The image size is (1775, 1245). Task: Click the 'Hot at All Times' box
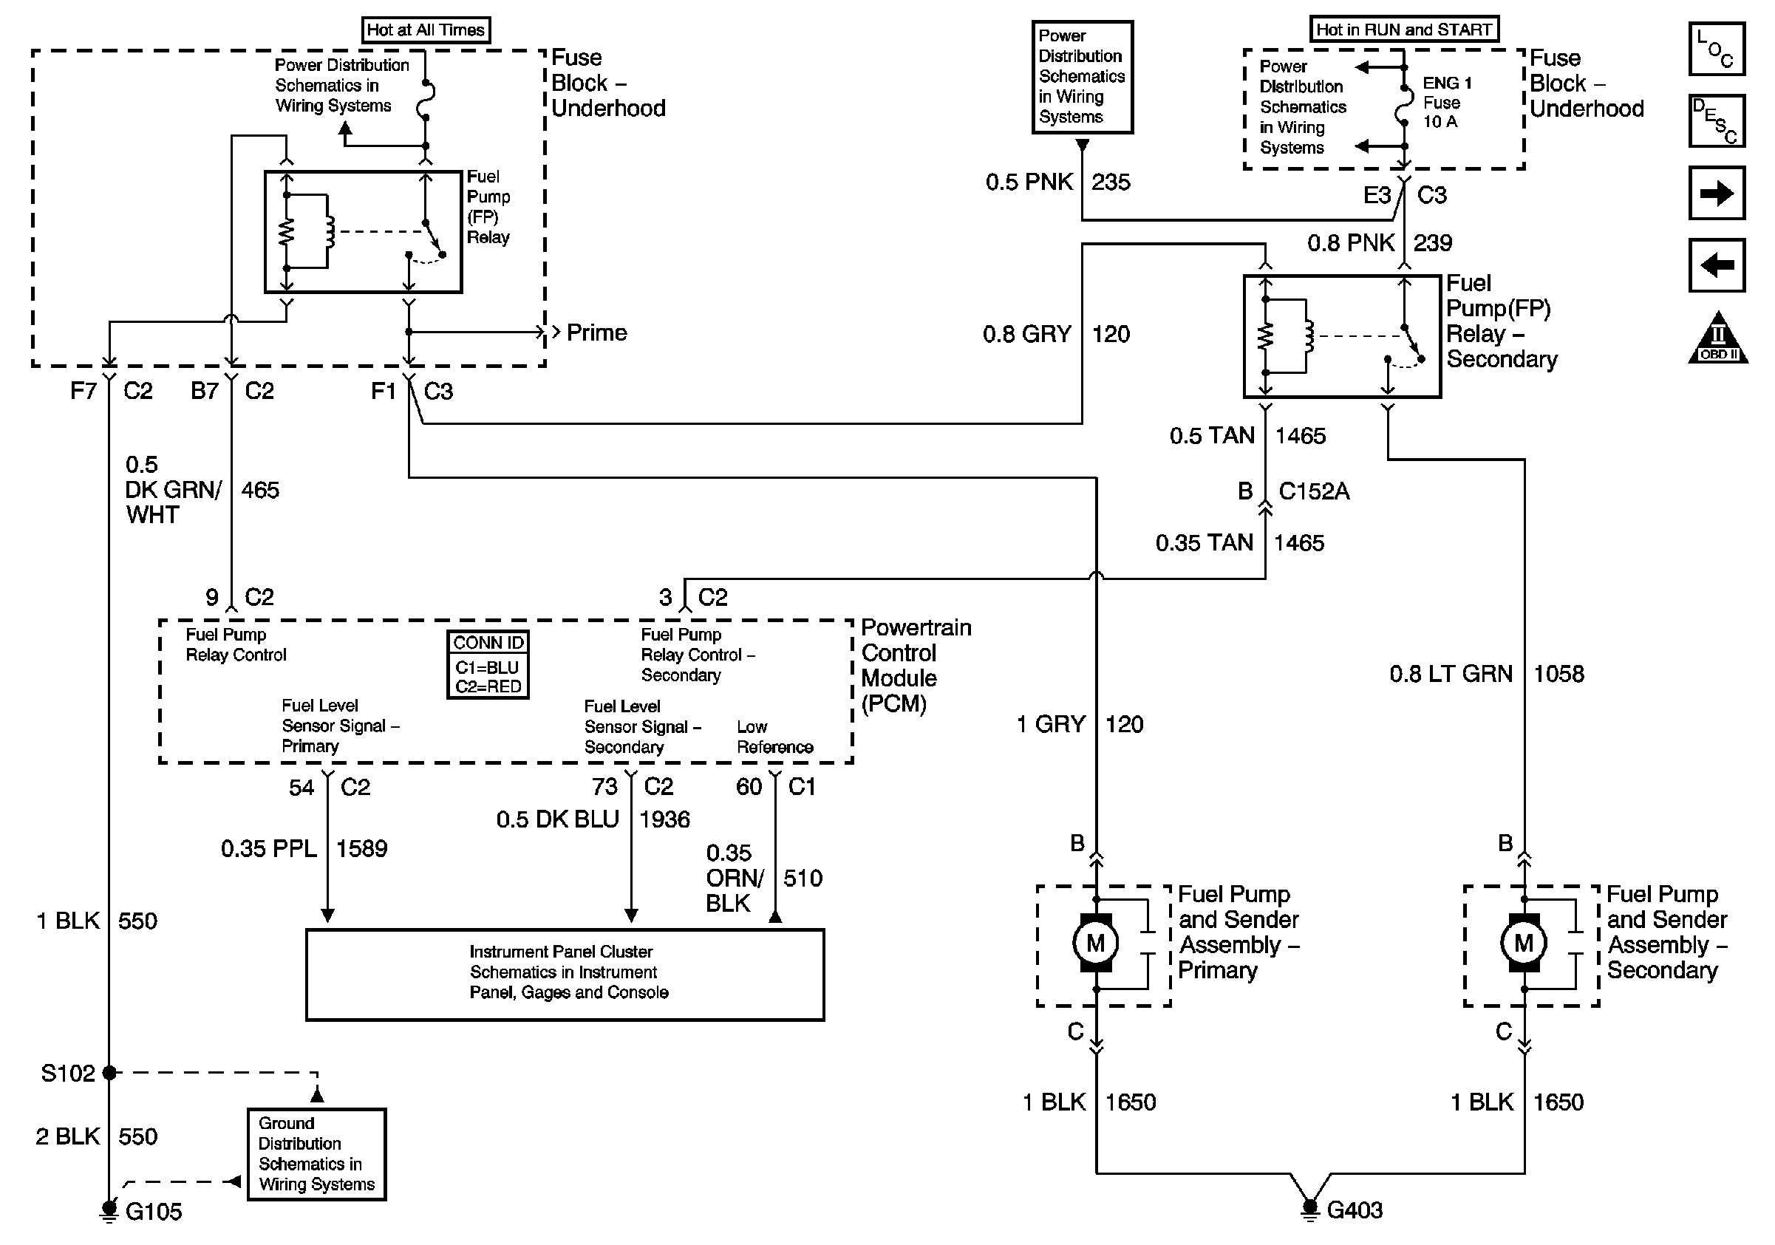tap(425, 30)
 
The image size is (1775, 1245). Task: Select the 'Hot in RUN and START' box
tap(1403, 30)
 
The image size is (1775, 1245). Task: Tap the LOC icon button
tap(1716, 49)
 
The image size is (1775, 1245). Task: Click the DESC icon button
tap(1716, 120)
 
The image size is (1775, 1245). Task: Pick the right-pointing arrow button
tap(1716, 193)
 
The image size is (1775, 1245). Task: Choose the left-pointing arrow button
tap(1716, 265)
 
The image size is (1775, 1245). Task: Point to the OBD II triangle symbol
tap(1718, 340)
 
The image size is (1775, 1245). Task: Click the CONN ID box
tap(488, 665)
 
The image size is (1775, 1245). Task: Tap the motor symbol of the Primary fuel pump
tap(1095, 943)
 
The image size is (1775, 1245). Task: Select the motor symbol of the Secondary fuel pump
tap(1523, 943)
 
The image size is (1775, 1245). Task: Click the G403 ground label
tap(1355, 1210)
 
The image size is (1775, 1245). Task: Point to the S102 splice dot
tap(109, 1073)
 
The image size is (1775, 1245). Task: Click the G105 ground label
tap(153, 1211)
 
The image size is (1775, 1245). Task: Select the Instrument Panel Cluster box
tap(565, 974)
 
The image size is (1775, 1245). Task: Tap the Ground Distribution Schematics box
tap(316, 1154)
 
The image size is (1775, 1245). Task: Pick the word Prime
tap(596, 333)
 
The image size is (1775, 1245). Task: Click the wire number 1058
tap(1558, 674)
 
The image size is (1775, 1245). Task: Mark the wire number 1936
tap(665, 819)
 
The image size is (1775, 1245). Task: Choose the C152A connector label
tap(1313, 491)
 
